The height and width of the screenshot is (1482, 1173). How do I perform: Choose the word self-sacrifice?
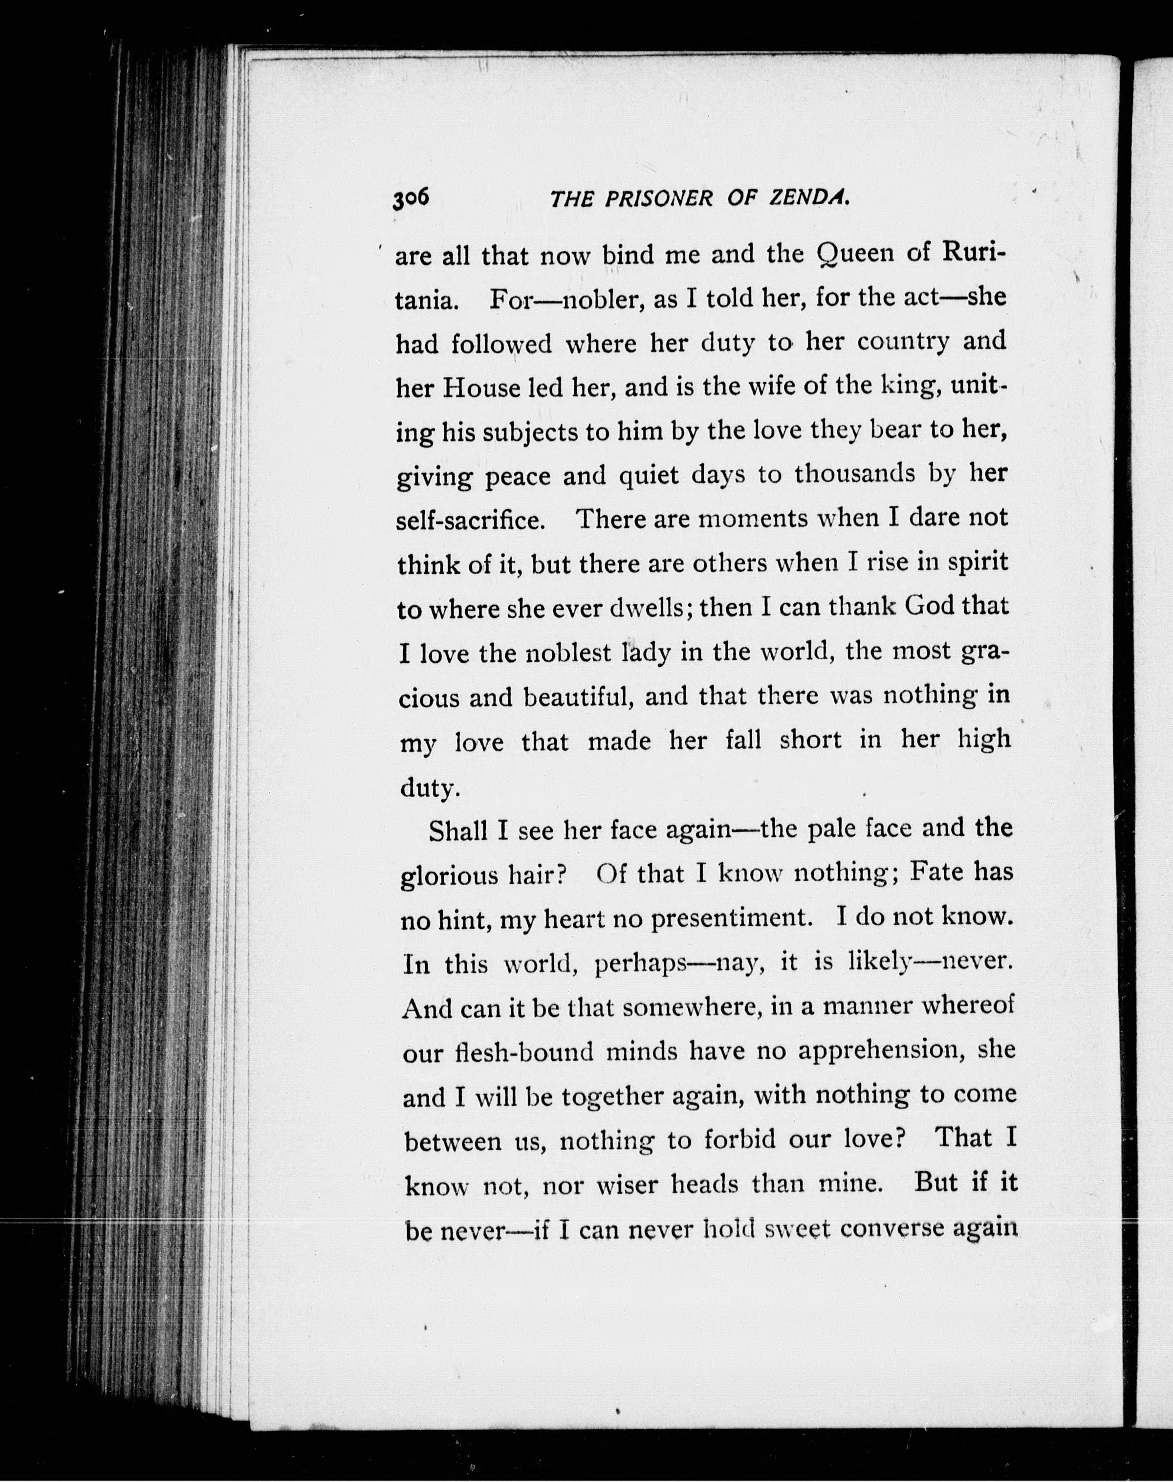471,521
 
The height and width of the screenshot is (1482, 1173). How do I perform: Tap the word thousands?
855,475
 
